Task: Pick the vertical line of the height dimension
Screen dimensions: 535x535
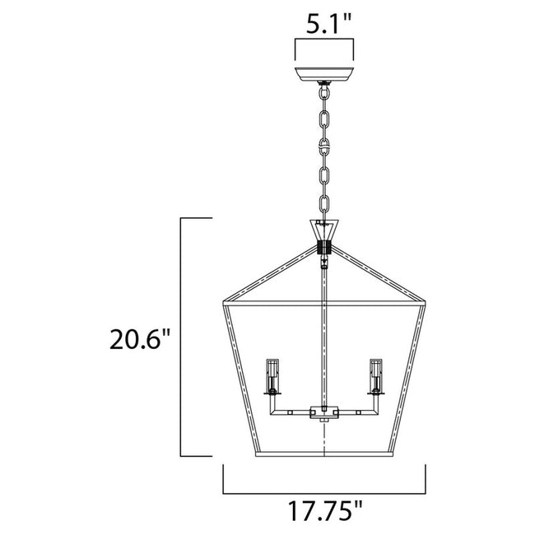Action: [181, 337]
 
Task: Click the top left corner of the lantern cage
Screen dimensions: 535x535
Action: [224, 304]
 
